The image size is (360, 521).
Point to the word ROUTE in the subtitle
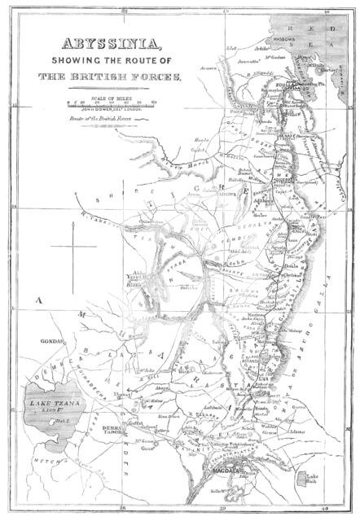(x=143, y=62)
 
